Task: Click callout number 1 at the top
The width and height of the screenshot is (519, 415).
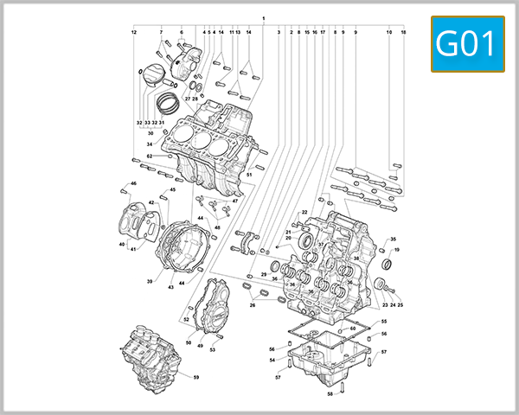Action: [x=263, y=18]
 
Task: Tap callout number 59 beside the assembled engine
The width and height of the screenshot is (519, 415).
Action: [x=195, y=378]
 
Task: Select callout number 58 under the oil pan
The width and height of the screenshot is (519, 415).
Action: [x=330, y=394]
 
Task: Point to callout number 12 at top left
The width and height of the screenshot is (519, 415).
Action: [x=134, y=32]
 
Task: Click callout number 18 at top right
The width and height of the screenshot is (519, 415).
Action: [x=403, y=32]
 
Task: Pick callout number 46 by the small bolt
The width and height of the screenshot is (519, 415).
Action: [x=134, y=183]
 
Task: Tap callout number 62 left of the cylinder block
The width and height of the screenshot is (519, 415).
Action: [x=149, y=156]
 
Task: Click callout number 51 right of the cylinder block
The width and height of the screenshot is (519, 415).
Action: [x=248, y=176]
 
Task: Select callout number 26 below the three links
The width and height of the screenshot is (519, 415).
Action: [x=253, y=304]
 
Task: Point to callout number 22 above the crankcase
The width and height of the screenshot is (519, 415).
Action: [x=304, y=212]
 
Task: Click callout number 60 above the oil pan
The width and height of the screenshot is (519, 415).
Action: [x=353, y=329]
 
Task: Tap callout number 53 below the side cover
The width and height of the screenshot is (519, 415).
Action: [x=212, y=349]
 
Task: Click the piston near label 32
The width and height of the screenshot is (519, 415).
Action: [x=153, y=75]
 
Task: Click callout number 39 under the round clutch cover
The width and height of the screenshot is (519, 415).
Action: [x=150, y=282]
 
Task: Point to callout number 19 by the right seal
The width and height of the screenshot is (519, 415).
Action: [x=397, y=250]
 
